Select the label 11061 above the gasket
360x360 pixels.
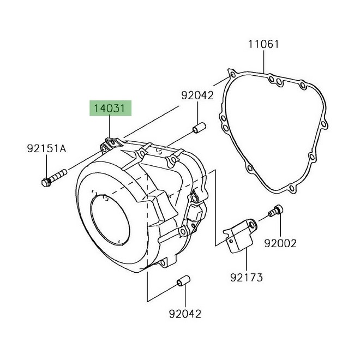tap(263, 44)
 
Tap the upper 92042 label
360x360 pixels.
tap(197, 95)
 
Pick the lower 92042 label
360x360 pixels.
tap(184, 314)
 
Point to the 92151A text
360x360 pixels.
tap(46, 148)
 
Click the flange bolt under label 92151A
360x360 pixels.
tap(52, 178)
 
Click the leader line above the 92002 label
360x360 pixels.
tap(279, 226)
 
